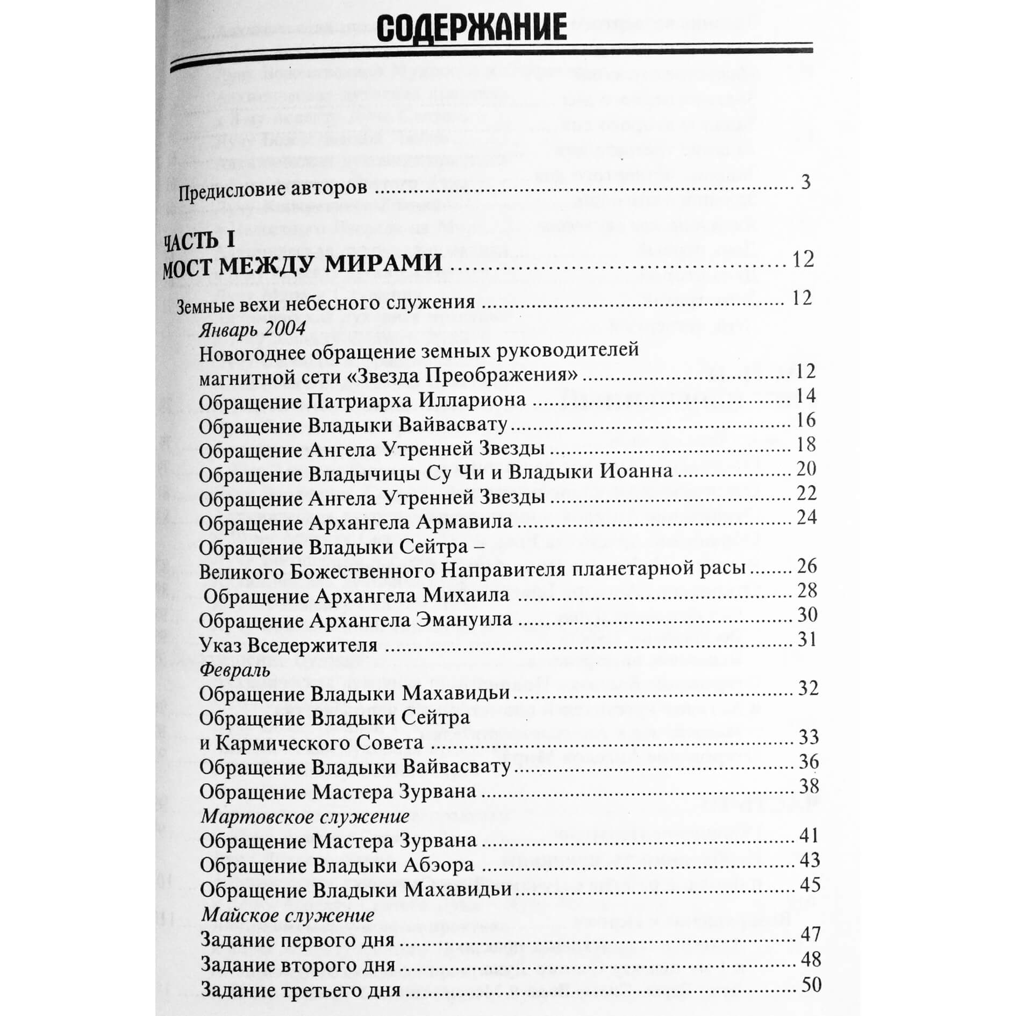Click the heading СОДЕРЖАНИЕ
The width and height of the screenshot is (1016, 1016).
(x=471, y=27)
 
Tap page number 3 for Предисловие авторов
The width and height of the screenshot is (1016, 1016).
(x=805, y=183)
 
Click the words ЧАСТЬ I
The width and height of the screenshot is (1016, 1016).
(x=199, y=241)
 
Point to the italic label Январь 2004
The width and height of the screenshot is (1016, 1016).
(x=252, y=328)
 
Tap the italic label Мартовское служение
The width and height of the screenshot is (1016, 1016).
(x=305, y=817)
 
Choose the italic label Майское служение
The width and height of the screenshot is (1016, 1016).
(x=287, y=915)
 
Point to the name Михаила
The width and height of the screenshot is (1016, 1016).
(x=466, y=596)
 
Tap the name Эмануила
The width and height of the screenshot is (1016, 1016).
(x=464, y=620)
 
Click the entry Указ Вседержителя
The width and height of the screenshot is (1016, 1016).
(x=288, y=645)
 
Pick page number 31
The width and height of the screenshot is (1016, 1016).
(x=806, y=639)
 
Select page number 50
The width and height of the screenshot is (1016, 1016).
(x=811, y=985)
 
